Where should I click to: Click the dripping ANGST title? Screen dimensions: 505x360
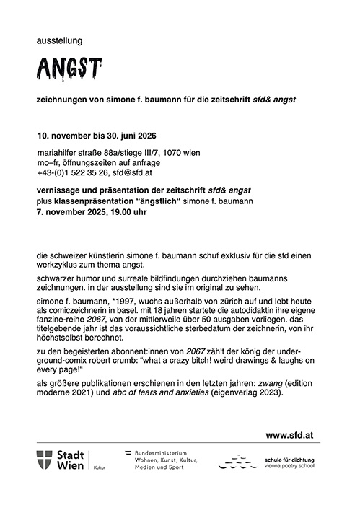coord(68,71)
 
